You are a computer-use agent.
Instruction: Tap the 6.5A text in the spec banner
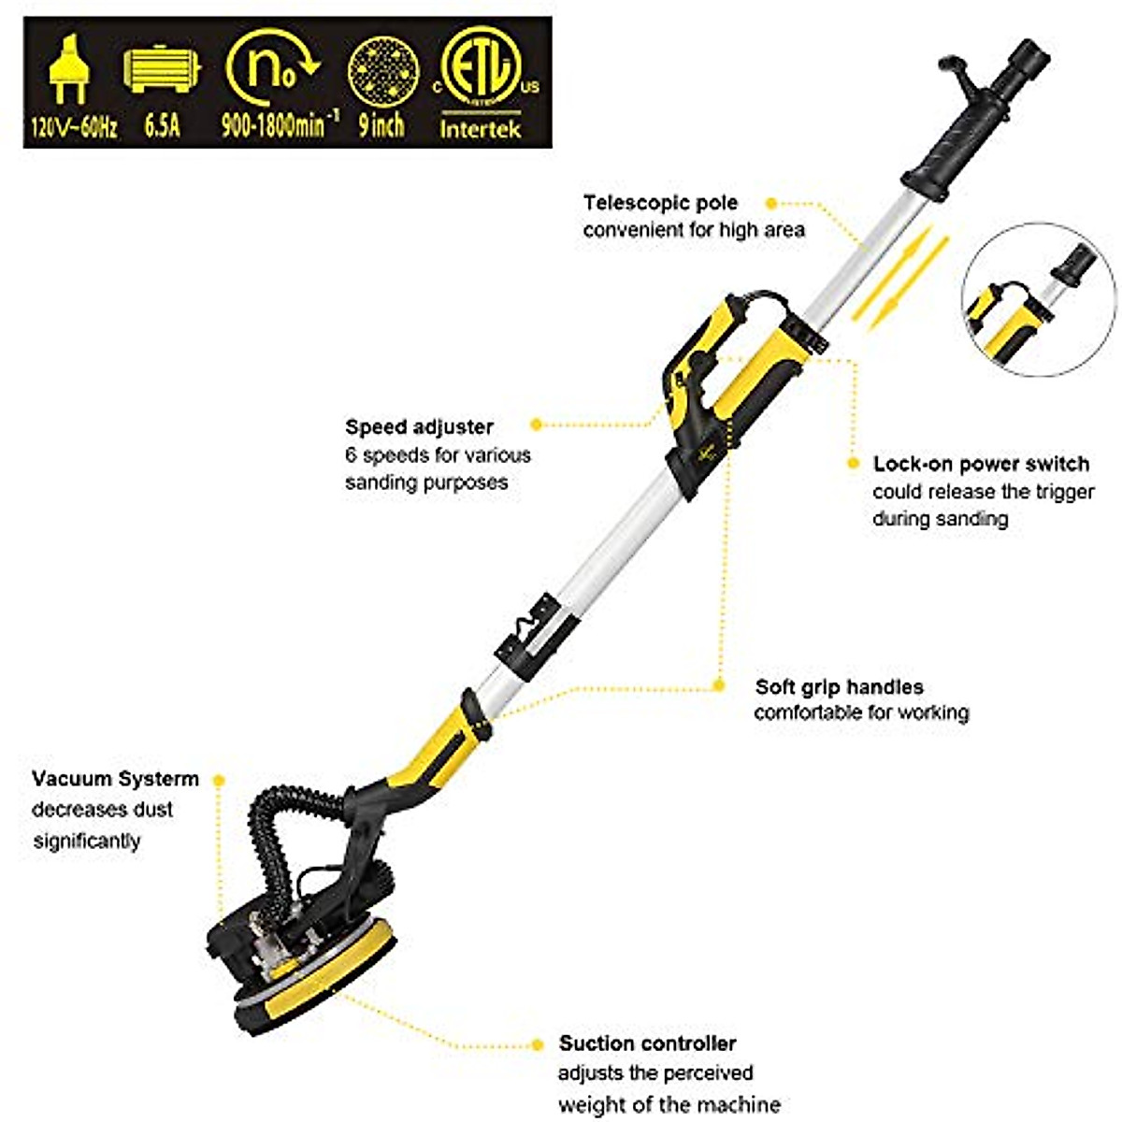coord(162,125)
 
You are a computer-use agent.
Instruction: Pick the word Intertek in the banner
coord(481,128)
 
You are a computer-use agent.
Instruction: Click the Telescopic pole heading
coord(660,203)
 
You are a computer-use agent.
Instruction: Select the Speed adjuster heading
coord(419,427)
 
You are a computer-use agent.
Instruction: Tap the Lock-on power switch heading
coord(981,464)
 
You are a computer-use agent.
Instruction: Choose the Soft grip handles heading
coord(839,686)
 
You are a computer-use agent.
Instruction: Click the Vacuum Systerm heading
coord(115,779)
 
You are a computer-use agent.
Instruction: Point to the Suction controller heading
coord(647,1043)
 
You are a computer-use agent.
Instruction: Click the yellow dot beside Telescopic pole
coord(770,203)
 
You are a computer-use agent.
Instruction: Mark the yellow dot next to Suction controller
coord(537,1043)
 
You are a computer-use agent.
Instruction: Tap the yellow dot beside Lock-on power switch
coord(853,464)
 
